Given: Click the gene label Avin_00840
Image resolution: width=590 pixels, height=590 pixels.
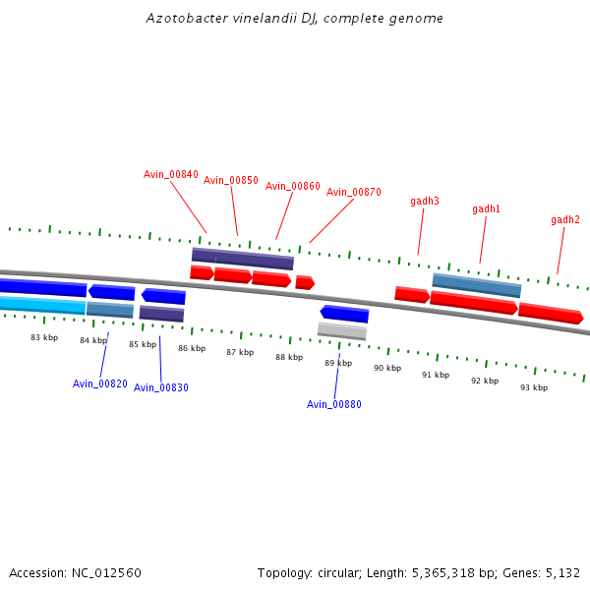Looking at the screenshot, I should pos(171,174).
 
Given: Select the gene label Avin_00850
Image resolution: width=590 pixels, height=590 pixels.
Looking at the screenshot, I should pos(231,180).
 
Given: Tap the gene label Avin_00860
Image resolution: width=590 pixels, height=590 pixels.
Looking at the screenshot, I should pos(293,186).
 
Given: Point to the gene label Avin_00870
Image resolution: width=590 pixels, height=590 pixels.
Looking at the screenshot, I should pos(354,192).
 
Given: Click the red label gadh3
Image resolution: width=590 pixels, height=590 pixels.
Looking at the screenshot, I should pos(425,201).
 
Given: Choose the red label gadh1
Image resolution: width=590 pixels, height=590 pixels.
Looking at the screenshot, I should pos(486,208).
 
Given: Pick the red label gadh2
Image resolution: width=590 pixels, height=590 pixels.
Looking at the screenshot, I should pos(565,219).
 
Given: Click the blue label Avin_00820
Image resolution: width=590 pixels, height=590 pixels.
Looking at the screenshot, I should pos(100,383).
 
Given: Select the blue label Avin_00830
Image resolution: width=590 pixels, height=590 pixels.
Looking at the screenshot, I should pos(161,387).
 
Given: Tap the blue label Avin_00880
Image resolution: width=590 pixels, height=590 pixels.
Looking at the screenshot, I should pos(334,404).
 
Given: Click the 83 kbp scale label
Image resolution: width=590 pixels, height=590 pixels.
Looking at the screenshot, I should pos(44,337).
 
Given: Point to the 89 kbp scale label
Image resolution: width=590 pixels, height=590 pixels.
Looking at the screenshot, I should pos(338,363).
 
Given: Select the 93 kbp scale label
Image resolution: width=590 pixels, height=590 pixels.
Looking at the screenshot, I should pos(534,387).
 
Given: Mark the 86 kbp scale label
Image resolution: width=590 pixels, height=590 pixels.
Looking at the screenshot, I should pos(192,348).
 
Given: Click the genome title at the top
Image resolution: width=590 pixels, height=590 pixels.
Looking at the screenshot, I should pos(295,18).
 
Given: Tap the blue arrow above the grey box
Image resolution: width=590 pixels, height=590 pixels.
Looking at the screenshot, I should pos(344,314).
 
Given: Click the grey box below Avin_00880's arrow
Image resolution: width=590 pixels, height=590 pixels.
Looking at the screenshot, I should pos(342,330).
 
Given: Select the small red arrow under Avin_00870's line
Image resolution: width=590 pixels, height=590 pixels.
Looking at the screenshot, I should pos(305,282).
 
